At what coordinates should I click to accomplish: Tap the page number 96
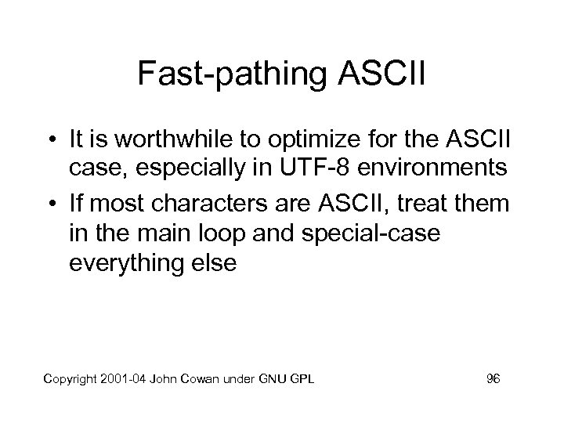pyautogui.click(x=493, y=380)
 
